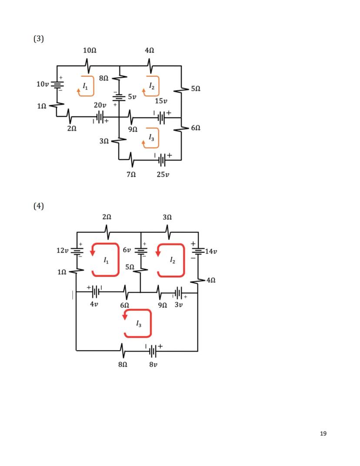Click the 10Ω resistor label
click(x=90, y=50)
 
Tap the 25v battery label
click(x=163, y=174)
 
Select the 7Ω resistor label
click(x=131, y=174)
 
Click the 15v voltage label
click(x=161, y=101)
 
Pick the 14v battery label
click(x=211, y=251)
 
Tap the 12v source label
click(x=63, y=250)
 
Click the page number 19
click(x=323, y=433)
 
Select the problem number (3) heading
click(x=39, y=39)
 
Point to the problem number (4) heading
click(x=39, y=206)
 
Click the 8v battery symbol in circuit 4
click(x=152, y=351)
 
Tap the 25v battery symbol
click(x=162, y=160)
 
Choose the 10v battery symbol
click(x=57, y=84)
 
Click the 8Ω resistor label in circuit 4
click(x=123, y=364)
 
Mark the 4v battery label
click(x=94, y=304)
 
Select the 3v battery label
click(x=179, y=305)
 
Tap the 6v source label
click(x=127, y=250)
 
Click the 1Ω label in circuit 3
click(x=42, y=106)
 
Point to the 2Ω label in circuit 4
click(x=107, y=217)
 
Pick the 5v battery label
click(x=132, y=97)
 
